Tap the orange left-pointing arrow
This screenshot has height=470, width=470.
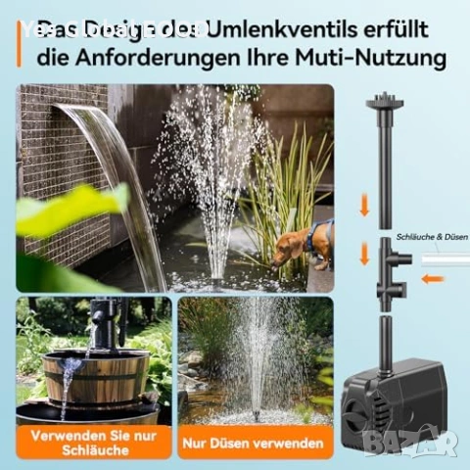click(x=432, y=278)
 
